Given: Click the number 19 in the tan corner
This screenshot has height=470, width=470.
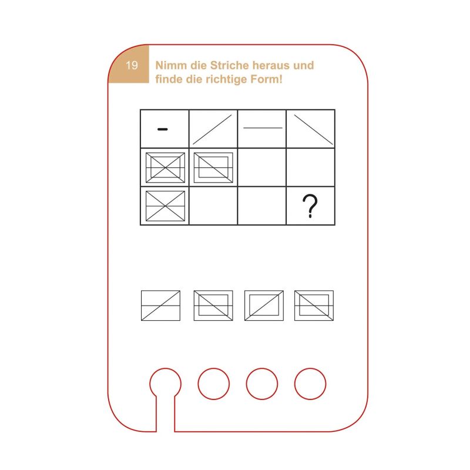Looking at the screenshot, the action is (x=132, y=65).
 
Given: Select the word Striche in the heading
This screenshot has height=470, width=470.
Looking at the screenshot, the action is (x=229, y=65).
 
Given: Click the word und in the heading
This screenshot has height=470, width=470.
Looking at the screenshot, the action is (x=304, y=65).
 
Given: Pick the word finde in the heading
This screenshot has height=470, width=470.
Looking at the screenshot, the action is (x=169, y=79).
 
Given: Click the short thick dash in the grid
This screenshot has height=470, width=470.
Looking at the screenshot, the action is (x=163, y=129).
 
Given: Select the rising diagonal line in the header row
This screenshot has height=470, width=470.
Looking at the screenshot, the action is (x=212, y=130).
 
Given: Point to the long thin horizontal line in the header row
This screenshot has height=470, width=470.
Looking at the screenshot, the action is (x=263, y=128).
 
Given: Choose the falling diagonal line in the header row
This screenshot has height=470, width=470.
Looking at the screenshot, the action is (x=314, y=130).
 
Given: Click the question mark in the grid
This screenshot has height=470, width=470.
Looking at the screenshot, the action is (x=310, y=206).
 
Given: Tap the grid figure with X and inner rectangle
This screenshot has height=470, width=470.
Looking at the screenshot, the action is (x=165, y=167).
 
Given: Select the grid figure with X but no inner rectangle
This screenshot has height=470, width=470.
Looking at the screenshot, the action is (x=165, y=206).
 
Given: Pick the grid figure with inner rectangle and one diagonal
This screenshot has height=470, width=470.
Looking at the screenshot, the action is (x=213, y=167).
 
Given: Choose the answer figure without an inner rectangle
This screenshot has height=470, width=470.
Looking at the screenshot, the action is (x=160, y=305).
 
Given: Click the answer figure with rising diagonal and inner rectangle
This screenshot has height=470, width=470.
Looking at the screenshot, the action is (x=264, y=305).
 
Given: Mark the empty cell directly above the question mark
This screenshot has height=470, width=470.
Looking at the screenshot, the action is (x=311, y=167).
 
